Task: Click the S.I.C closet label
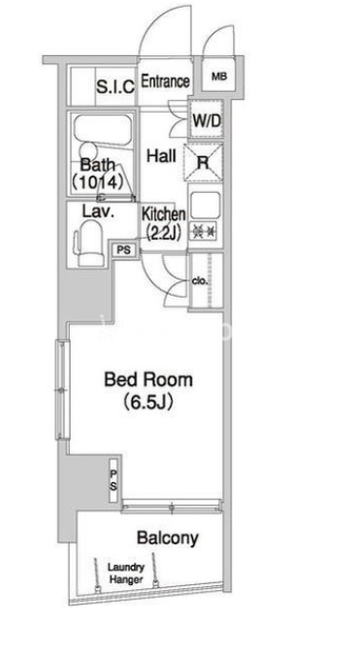coord(115,86)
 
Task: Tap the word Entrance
coord(165,82)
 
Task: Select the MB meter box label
coord(219,77)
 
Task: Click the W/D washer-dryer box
coord(206,120)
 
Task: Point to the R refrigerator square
coord(203,162)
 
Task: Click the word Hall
coord(161,156)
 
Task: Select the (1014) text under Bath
coord(98,181)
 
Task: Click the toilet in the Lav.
coord(90,243)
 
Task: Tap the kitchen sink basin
coord(205,205)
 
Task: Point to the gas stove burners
coord(205,231)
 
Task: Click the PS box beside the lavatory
coord(123,250)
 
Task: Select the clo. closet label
coord(200,281)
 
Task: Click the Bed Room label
coord(148,379)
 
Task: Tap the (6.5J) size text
coord(147,403)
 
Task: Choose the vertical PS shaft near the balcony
coord(114,480)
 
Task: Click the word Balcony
coord(168,538)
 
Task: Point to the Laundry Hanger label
coord(126,573)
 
